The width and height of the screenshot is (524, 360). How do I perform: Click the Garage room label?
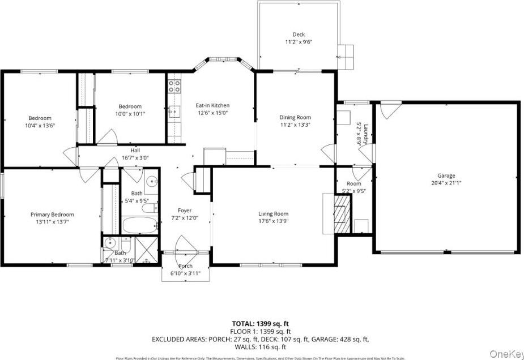(445, 175)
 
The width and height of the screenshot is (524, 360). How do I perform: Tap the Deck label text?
(299, 35)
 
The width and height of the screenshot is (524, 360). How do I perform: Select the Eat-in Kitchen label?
(212, 105)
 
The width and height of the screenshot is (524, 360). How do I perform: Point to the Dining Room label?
(295, 117)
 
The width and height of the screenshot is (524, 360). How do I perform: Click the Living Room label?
(273, 214)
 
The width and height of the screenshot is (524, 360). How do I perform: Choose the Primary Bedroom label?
(52, 215)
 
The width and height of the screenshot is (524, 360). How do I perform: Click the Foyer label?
(185, 211)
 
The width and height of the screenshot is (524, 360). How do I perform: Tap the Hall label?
(135, 151)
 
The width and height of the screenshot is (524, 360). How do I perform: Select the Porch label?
(185, 266)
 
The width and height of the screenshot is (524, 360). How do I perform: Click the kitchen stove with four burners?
(174, 87)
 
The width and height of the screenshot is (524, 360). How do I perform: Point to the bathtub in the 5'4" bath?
(138, 225)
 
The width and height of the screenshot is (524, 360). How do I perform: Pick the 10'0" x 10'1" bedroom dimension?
(130, 113)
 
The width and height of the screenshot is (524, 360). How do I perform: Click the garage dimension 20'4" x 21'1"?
(445, 183)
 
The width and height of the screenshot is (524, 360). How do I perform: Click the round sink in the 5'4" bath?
(151, 182)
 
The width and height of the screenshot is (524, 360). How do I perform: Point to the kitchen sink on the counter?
(174, 111)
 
